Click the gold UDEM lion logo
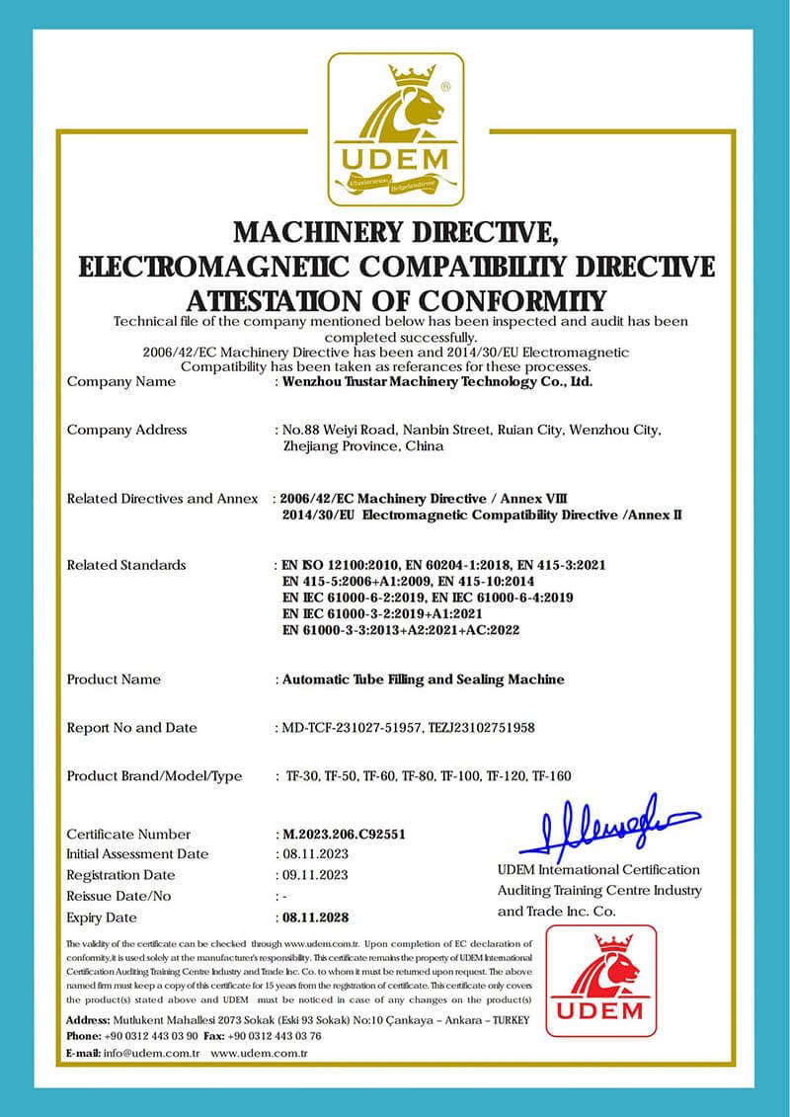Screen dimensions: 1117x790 click(x=395, y=128)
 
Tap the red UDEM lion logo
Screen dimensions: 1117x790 click(x=600, y=981)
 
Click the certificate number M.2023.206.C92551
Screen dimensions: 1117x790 click(x=344, y=834)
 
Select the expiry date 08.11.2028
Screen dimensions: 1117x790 click(x=315, y=917)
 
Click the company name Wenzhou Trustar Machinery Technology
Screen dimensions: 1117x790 click(x=437, y=380)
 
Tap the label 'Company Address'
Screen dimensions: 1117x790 click(x=126, y=430)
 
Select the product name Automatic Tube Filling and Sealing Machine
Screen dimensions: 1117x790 click(x=424, y=679)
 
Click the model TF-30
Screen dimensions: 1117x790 click(x=303, y=776)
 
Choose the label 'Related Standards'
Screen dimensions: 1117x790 click(x=125, y=565)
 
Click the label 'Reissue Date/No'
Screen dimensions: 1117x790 click(x=118, y=896)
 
